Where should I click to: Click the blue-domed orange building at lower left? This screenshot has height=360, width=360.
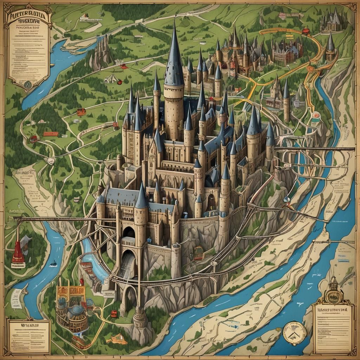pyautogui.click(x=72, y=309)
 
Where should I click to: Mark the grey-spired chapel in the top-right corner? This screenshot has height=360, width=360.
pyautogui.click(x=332, y=21)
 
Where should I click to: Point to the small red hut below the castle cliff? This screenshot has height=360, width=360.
pyautogui.click(x=114, y=313)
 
